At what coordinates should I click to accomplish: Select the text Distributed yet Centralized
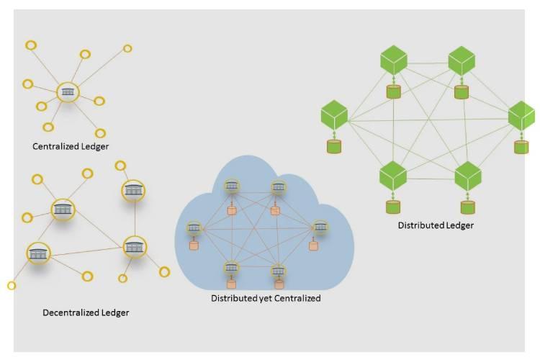point(266,298)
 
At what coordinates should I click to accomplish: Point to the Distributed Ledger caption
point(436,225)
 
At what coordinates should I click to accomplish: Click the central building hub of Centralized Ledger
point(68,91)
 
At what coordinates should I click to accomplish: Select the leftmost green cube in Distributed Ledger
point(334,114)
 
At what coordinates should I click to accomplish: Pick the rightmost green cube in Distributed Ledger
point(521,115)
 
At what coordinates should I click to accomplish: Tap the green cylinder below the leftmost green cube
point(334,146)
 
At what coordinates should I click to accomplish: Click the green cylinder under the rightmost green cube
point(521,147)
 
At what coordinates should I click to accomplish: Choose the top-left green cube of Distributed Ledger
point(394,59)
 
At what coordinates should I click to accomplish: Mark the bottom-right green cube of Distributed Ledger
point(468,175)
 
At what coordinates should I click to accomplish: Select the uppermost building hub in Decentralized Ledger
point(133,190)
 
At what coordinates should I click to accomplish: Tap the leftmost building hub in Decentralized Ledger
point(39,253)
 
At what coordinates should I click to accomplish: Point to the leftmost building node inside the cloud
point(193,228)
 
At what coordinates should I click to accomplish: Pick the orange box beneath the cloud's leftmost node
point(193,246)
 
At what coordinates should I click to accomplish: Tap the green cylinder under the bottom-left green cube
point(392,207)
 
